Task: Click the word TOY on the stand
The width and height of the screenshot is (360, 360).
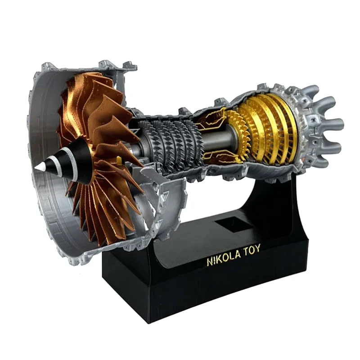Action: click(252, 250)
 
